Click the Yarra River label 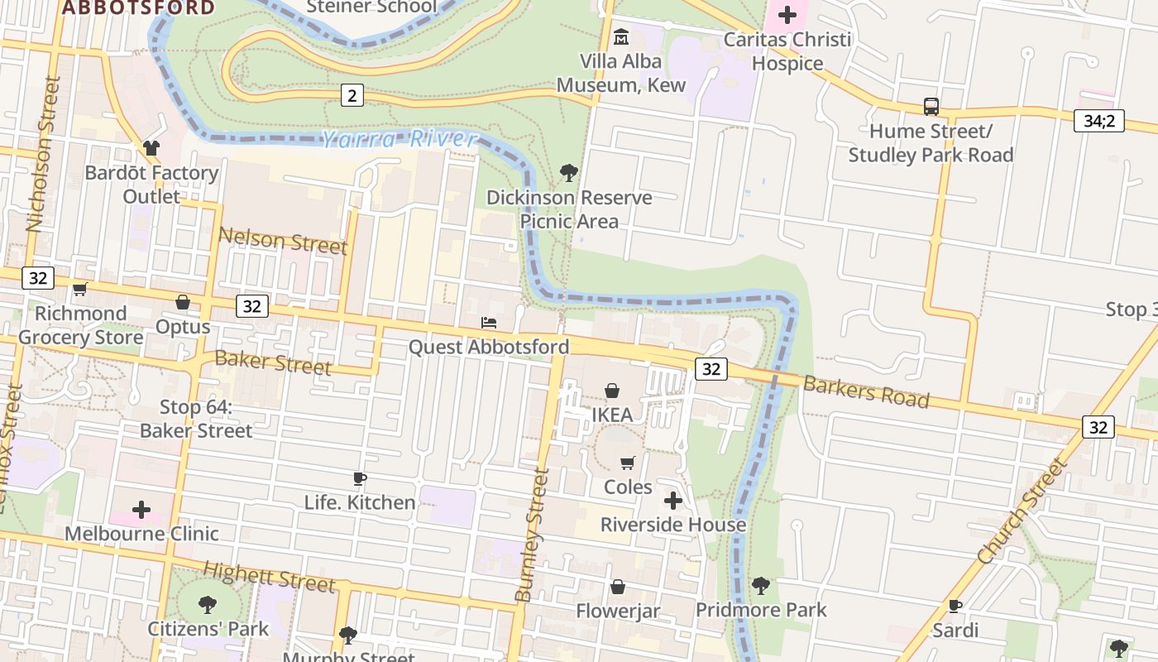[x=400, y=140]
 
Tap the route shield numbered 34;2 [x=1099, y=121]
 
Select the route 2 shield [x=352, y=96]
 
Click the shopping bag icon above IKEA [x=612, y=391]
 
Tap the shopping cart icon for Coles [x=628, y=463]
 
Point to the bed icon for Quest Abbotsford [x=489, y=323]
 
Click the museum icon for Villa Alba [x=621, y=37]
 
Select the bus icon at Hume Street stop [x=931, y=107]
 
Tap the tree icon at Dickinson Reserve [x=568, y=173]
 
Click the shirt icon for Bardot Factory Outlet [x=151, y=148]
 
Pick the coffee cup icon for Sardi [x=955, y=607]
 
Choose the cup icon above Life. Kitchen [x=360, y=478]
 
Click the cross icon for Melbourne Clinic [x=141, y=509]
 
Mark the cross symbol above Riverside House [x=673, y=501]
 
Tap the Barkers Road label [x=866, y=391]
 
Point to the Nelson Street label [x=282, y=242]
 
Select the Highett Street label [x=269, y=576]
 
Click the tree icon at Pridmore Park [x=761, y=586]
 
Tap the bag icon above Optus [x=183, y=303]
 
